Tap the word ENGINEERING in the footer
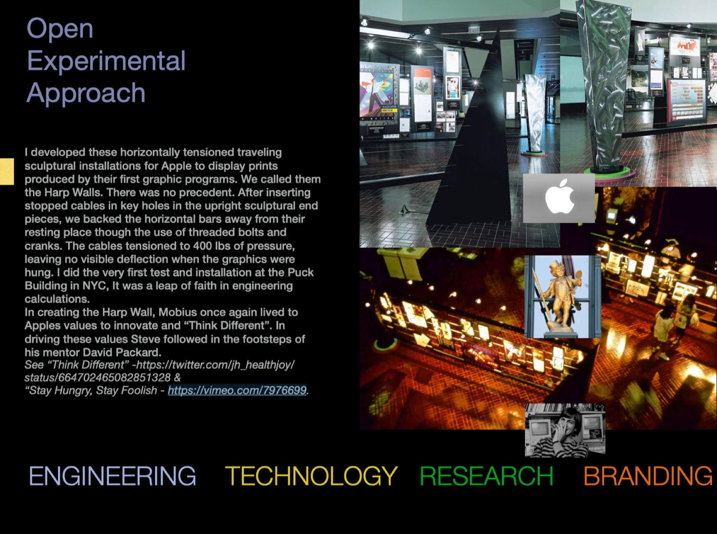coord(112,476)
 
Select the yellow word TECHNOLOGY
coord(311,476)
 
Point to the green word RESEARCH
coord(487,476)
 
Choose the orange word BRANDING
coord(648,476)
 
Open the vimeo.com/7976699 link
coord(237,390)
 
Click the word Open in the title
coord(60,29)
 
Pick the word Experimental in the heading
coord(106,61)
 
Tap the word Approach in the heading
coord(86,93)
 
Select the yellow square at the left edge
coord(7,171)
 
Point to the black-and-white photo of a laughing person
coord(565,430)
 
